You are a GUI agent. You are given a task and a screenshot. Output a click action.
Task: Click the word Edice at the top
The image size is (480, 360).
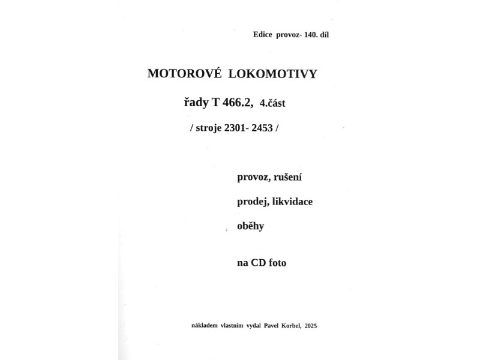(x=263, y=35)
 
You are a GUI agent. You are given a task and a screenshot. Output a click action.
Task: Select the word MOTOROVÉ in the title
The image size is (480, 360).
(x=176, y=74)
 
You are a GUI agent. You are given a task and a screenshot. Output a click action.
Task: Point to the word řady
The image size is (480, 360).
(x=196, y=103)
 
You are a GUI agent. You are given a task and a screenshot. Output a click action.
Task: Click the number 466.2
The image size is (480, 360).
(x=238, y=103)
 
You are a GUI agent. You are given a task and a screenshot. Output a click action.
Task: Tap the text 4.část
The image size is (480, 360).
(x=272, y=103)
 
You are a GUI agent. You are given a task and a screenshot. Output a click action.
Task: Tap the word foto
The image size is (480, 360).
(x=278, y=262)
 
